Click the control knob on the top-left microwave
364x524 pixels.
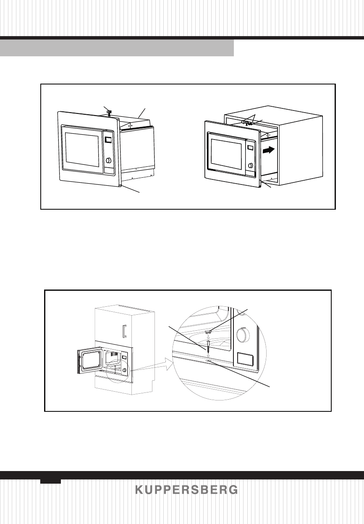[109, 161]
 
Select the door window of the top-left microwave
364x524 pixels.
[81, 150]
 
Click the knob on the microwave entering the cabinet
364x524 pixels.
[250, 166]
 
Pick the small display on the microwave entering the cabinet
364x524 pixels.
[250, 148]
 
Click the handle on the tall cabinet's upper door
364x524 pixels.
[124, 331]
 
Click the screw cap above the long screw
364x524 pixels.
[208, 332]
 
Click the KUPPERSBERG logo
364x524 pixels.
[186, 490]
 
